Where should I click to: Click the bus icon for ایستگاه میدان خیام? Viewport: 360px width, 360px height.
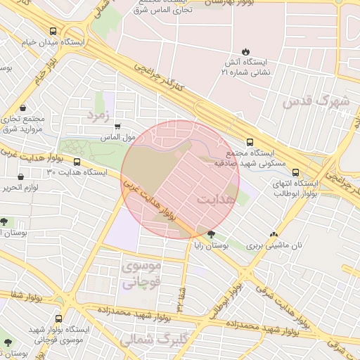pos(54,32)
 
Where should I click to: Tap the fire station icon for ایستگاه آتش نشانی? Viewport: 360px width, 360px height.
pos(245,51)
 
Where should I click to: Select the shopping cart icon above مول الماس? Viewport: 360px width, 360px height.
pos(117,127)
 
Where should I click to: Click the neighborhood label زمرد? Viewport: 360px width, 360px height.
pos(98,115)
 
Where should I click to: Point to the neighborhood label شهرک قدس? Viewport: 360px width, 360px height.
pos(316,101)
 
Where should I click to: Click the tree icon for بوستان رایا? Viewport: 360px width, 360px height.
pos(211,234)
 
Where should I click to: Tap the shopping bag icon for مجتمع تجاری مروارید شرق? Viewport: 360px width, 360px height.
pos(23,109)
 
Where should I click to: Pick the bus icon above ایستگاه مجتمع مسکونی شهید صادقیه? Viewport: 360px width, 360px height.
pos(251,141)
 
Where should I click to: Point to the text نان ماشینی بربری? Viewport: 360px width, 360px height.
pos(277,247)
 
